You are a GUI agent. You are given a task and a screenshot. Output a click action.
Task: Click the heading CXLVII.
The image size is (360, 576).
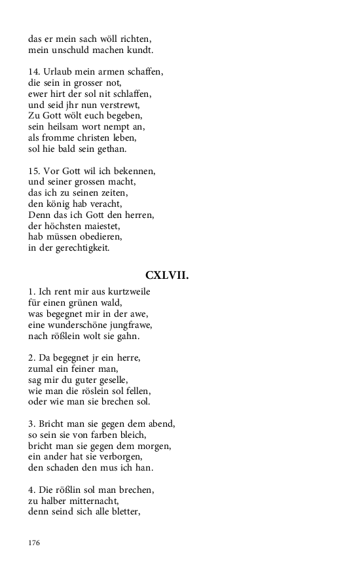[x=167, y=276]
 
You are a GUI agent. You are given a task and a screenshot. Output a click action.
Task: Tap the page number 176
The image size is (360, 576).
[x=35, y=543]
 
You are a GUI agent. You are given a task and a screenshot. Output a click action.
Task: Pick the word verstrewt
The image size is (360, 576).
[x=122, y=104]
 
